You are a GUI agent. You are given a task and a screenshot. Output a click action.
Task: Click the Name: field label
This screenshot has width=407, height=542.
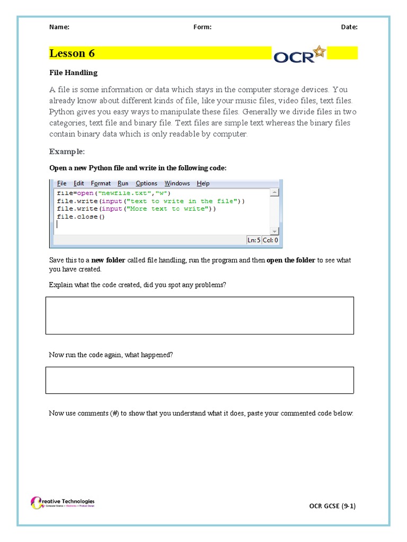click(59, 27)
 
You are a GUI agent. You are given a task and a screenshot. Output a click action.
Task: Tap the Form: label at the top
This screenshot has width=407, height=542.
click(202, 27)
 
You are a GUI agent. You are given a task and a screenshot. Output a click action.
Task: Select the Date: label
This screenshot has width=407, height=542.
click(349, 27)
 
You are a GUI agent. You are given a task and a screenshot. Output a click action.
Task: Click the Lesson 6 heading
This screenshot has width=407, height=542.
click(72, 53)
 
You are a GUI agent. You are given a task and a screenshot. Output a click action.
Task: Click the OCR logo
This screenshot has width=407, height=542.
click(300, 55)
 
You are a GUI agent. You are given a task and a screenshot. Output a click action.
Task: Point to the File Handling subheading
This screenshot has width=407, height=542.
click(73, 73)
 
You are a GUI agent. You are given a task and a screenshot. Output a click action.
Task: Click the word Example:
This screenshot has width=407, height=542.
click(67, 151)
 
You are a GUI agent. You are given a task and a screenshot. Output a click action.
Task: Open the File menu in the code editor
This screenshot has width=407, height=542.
click(61, 183)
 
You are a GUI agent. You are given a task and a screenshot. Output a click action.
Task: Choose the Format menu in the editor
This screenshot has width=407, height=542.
click(101, 183)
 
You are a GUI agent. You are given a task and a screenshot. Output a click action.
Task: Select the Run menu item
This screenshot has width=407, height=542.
click(123, 183)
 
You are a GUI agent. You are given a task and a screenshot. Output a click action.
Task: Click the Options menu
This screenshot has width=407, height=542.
click(146, 183)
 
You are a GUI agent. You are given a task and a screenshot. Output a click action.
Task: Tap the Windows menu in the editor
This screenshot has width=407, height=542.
click(177, 183)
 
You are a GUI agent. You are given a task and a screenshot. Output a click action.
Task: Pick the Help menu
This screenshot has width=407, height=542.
click(203, 183)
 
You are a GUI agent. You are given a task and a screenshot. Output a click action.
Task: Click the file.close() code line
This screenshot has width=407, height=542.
click(81, 216)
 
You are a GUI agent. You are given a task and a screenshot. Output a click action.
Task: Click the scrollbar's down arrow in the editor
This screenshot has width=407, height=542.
click(274, 231)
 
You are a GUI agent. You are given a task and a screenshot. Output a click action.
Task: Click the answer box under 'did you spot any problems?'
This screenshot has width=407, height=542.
click(199, 315)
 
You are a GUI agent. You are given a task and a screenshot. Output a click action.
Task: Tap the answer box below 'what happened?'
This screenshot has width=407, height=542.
click(199, 380)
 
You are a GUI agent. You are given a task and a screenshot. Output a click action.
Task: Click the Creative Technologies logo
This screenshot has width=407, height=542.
click(63, 502)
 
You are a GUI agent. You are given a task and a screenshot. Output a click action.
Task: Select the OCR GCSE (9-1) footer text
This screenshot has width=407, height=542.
click(332, 505)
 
